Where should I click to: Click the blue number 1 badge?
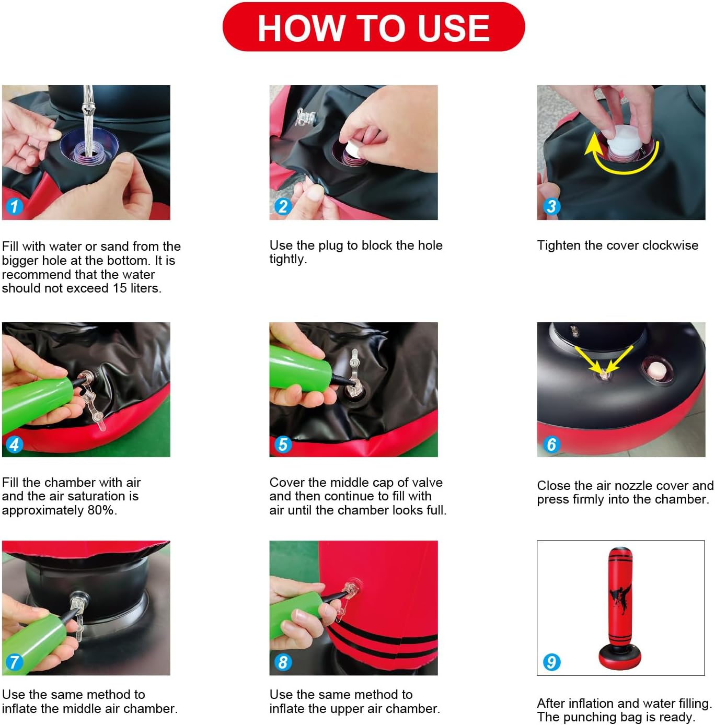(14, 206)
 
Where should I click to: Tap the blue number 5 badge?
(283, 444)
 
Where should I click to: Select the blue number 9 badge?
(551, 662)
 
